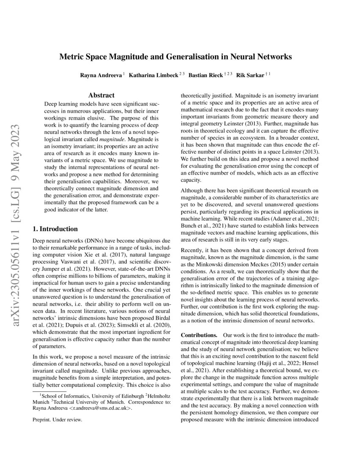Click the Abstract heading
[101, 96]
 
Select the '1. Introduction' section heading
[55, 229]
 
